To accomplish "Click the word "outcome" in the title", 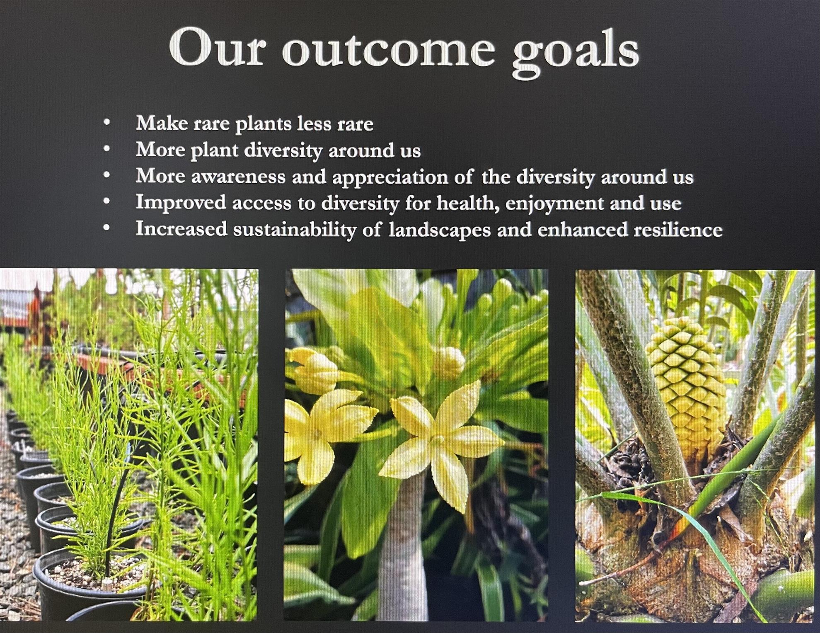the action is point(389,49).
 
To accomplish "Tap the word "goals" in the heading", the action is point(576,52).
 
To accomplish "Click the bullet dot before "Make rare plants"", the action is point(107,122).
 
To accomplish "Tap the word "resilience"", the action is point(677,229).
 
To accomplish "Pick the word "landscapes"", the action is point(440,230).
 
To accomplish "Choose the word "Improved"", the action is point(181,203).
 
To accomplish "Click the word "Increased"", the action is point(181,229).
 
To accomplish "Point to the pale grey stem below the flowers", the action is point(402,547).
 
